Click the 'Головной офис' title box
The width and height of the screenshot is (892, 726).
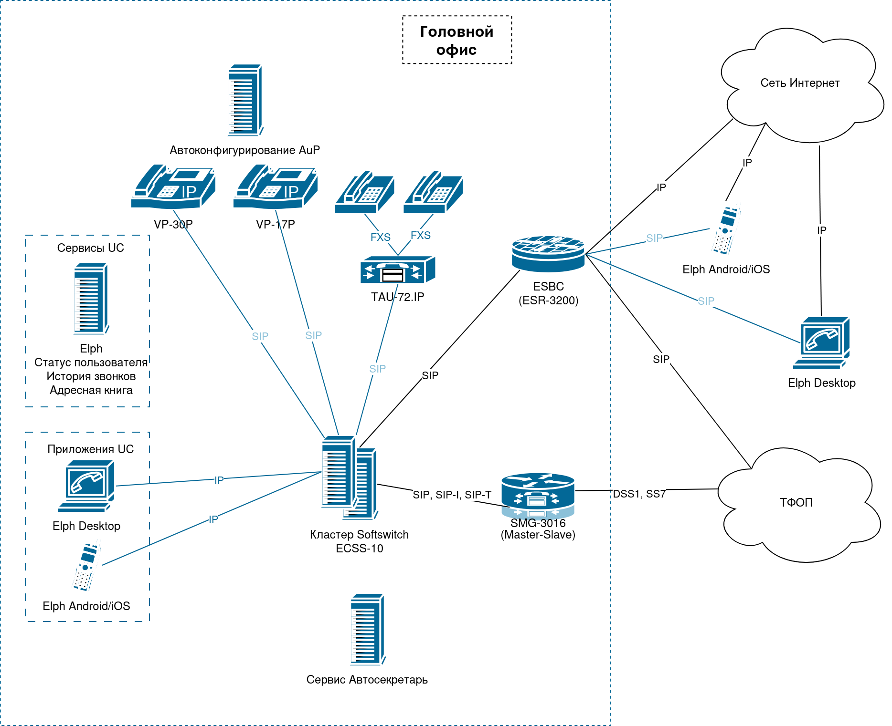pos(457,40)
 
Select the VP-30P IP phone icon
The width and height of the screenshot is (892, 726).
pos(173,187)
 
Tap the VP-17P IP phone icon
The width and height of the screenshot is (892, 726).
pos(275,187)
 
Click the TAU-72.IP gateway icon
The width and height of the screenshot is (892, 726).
pos(397,270)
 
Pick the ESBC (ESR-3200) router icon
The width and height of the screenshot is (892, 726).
pos(548,254)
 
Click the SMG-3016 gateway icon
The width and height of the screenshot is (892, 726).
pos(538,496)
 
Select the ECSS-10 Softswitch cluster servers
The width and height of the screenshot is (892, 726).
pos(349,477)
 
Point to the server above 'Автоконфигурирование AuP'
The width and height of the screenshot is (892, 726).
pos(245,100)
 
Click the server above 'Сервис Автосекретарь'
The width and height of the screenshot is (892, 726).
pos(367,629)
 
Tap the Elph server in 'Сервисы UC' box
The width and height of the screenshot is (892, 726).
pos(91,299)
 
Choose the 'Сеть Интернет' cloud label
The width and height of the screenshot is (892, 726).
pos(800,83)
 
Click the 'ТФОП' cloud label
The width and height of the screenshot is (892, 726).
pos(796,502)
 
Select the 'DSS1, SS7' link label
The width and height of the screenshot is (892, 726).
pos(639,494)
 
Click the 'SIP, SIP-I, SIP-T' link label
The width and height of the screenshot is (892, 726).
pos(452,495)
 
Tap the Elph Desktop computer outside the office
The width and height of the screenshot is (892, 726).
pos(821,343)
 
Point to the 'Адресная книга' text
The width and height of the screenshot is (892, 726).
pos(91,390)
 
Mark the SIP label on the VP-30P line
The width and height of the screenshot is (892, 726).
pos(260,336)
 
